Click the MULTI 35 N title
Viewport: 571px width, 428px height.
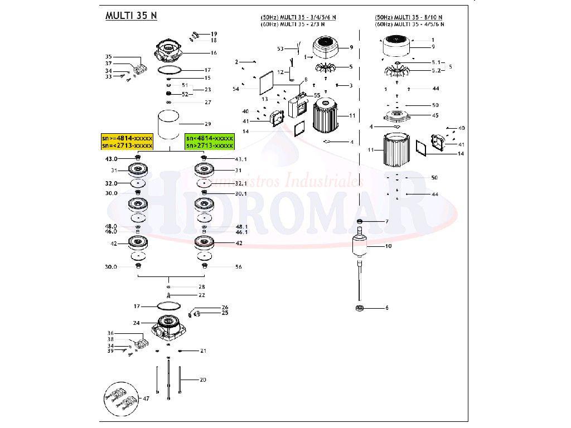click(x=131, y=16)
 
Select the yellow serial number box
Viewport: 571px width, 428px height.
click(x=127, y=142)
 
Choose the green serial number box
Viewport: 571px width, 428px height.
click(x=209, y=142)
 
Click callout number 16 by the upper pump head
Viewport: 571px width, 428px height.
click(x=213, y=53)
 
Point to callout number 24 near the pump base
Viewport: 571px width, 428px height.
click(x=136, y=323)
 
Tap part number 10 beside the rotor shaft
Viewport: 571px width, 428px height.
click(x=388, y=246)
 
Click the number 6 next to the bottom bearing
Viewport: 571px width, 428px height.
click(x=386, y=308)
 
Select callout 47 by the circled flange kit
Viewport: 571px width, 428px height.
click(x=146, y=398)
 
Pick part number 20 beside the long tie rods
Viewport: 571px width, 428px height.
click(x=202, y=380)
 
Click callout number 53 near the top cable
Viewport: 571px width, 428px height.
click(x=280, y=49)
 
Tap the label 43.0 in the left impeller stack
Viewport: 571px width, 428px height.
click(x=112, y=159)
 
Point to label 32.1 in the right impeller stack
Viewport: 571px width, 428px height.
click(x=240, y=183)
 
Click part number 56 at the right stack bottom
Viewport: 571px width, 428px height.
click(x=238, y=267)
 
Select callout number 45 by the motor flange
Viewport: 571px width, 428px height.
click(x=435, y=115)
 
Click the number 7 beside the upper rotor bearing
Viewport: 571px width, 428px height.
click(x=386, y=222)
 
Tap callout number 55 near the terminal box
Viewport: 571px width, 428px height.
click(x=317, y=95)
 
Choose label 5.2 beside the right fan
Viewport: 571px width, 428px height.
click(x=435, y=71)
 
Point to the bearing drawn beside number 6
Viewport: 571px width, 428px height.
click(x=360, y=308)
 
